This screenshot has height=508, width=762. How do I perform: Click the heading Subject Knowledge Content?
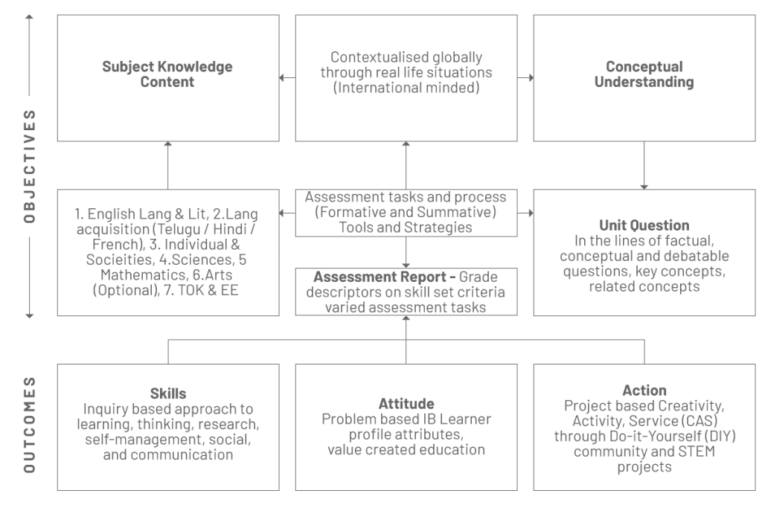click(x=167, y=74)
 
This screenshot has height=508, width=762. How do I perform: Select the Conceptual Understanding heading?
click(x=644, y=74)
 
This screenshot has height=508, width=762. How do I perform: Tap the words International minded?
click(x=406, y=88)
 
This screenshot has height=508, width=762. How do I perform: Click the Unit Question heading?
click(x=644, y=225)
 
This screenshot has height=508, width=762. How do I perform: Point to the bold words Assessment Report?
click(x=380, y=277)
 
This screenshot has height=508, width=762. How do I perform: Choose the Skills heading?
click(x=168, y=393)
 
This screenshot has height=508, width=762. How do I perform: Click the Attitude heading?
click(x=406, y=404)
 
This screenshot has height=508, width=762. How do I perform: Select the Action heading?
click(x=644, y=390)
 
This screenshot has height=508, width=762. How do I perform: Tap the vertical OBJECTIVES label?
click(x=30, y=166)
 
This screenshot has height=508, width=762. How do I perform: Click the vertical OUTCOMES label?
click(x=30, y=425)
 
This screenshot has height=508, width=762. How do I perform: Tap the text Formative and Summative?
click(x=406, y=212)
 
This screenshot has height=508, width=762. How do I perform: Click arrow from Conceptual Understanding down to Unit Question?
click(x=644, y=166)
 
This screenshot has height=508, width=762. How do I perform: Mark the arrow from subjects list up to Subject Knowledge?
click(x=168, y=166)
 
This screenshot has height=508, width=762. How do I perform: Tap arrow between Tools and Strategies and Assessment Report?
click(x=406, y=253)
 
